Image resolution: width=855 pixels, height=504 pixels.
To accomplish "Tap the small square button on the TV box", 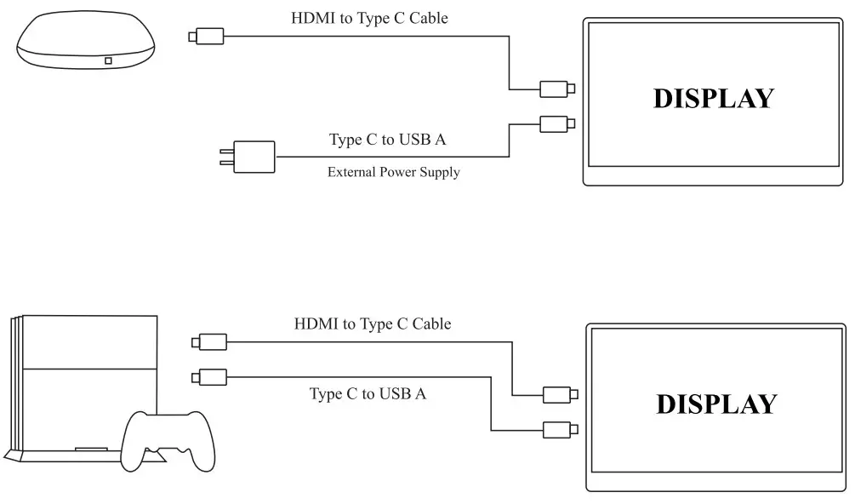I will point(108,60).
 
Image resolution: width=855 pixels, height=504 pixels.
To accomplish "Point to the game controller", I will point(168,440).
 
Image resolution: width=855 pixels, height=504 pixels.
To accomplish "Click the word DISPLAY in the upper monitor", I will point(713,99).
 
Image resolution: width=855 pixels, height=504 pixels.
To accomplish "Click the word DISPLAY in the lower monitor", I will point(716,404).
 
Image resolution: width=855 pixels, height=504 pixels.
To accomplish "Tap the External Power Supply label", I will point(393,173).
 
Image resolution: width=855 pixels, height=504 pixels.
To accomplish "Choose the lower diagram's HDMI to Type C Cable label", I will point(373,324).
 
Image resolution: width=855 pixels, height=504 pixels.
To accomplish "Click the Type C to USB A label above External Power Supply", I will point(387,140).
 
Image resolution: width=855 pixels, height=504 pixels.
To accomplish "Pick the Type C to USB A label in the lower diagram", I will point(368,393).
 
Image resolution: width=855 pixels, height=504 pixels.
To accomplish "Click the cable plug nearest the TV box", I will point(207,36).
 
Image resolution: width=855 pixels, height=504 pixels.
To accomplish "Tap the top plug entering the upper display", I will point(557,89).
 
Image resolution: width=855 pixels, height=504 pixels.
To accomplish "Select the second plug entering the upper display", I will point(557,123).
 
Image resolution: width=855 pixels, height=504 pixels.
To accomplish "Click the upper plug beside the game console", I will point(209,342).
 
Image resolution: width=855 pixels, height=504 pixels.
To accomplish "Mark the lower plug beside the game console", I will point(209,375).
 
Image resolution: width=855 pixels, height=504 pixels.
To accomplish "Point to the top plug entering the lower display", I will point(559,394).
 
